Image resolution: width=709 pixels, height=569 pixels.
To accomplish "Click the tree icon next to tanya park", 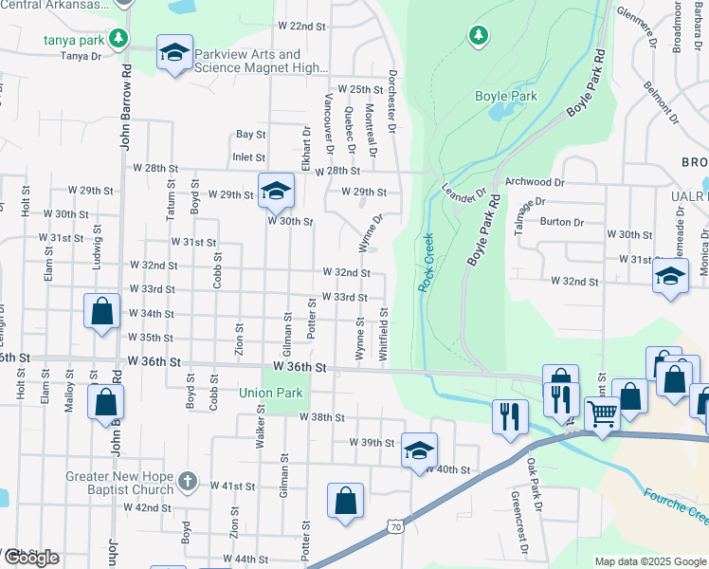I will click(x=118, y=39).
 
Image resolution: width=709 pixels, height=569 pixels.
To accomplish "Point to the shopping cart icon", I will click(x=602, y=413).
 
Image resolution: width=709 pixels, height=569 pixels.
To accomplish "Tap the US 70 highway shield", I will click(x=395, y=523).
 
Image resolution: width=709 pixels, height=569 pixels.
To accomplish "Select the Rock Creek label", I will click(x=426, y=262).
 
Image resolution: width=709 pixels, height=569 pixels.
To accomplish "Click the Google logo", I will click(x=30, y=558).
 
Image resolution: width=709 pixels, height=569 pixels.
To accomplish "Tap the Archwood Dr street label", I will click(x=536, y=181).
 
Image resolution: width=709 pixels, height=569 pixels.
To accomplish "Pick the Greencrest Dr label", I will click(x=517, y=513).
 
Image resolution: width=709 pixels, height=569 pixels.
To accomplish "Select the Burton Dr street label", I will click(x=562, y=222).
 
